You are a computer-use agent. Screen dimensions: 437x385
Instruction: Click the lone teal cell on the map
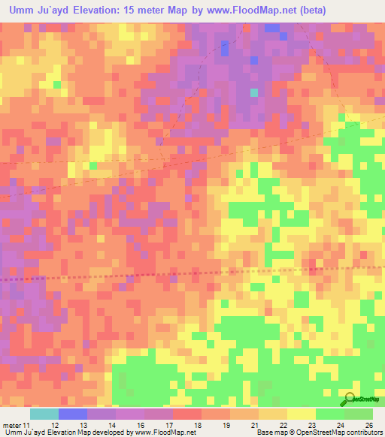coord(254,92)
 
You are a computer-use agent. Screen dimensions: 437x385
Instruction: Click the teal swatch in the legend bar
coord(44,413)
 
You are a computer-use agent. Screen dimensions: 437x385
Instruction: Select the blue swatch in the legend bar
coord(73,413)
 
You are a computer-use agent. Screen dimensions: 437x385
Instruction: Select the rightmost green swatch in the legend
coord(359,413)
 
